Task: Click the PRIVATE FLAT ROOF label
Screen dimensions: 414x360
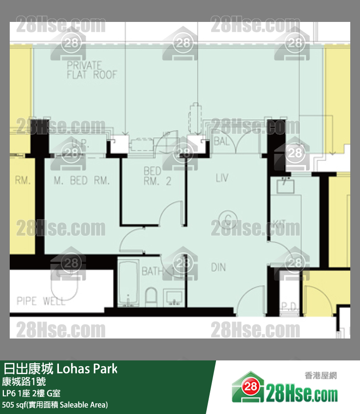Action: pos(92,70)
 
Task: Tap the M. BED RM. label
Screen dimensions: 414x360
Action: pos(81,181)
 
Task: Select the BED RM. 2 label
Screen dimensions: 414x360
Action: pos(158,176)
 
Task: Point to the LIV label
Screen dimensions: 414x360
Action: pos(222,178)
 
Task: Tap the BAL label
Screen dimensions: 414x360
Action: pos(221,141)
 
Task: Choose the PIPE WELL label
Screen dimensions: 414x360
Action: pos(41,301)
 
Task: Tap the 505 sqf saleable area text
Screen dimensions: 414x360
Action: pos(54,405)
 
